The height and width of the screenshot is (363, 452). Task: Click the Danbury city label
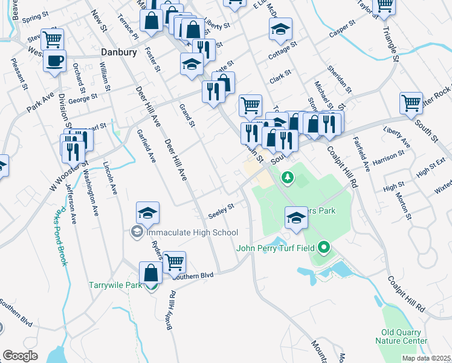(x=119, y=52)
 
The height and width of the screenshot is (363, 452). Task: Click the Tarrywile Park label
(x=115, y=285)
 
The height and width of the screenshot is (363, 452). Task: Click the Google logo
(x=20, y=356)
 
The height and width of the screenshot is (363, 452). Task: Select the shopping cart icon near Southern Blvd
(x=174, y=261)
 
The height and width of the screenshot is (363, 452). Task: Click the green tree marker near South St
(x=288, y=177)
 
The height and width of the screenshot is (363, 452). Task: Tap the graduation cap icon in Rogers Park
(x=296, y=217)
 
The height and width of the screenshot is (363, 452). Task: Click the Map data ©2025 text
(x=426, y=358)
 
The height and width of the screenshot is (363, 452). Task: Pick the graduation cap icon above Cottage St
(x=280, y=29)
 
